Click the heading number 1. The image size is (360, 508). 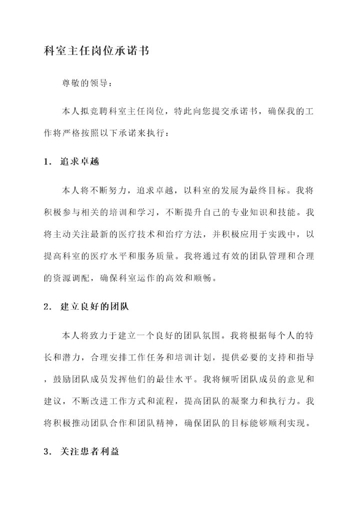(x=47, y=162)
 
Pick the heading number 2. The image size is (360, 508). (x=47, y=307)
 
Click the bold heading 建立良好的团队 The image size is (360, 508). (x=95, y=307)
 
